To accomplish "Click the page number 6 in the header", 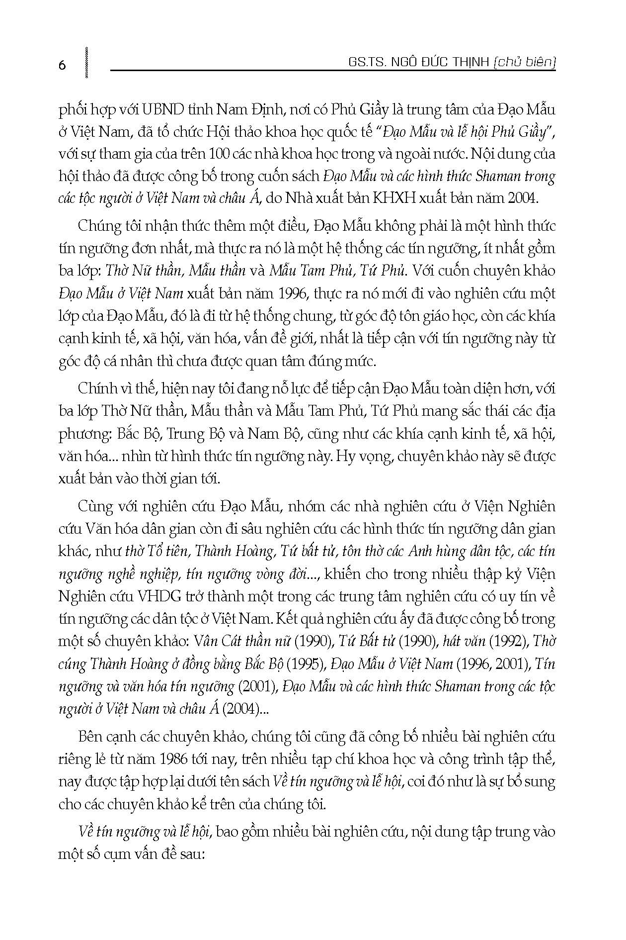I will coord(62,65).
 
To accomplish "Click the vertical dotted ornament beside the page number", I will coord(87,63).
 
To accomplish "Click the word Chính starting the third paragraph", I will coord(96,388).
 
